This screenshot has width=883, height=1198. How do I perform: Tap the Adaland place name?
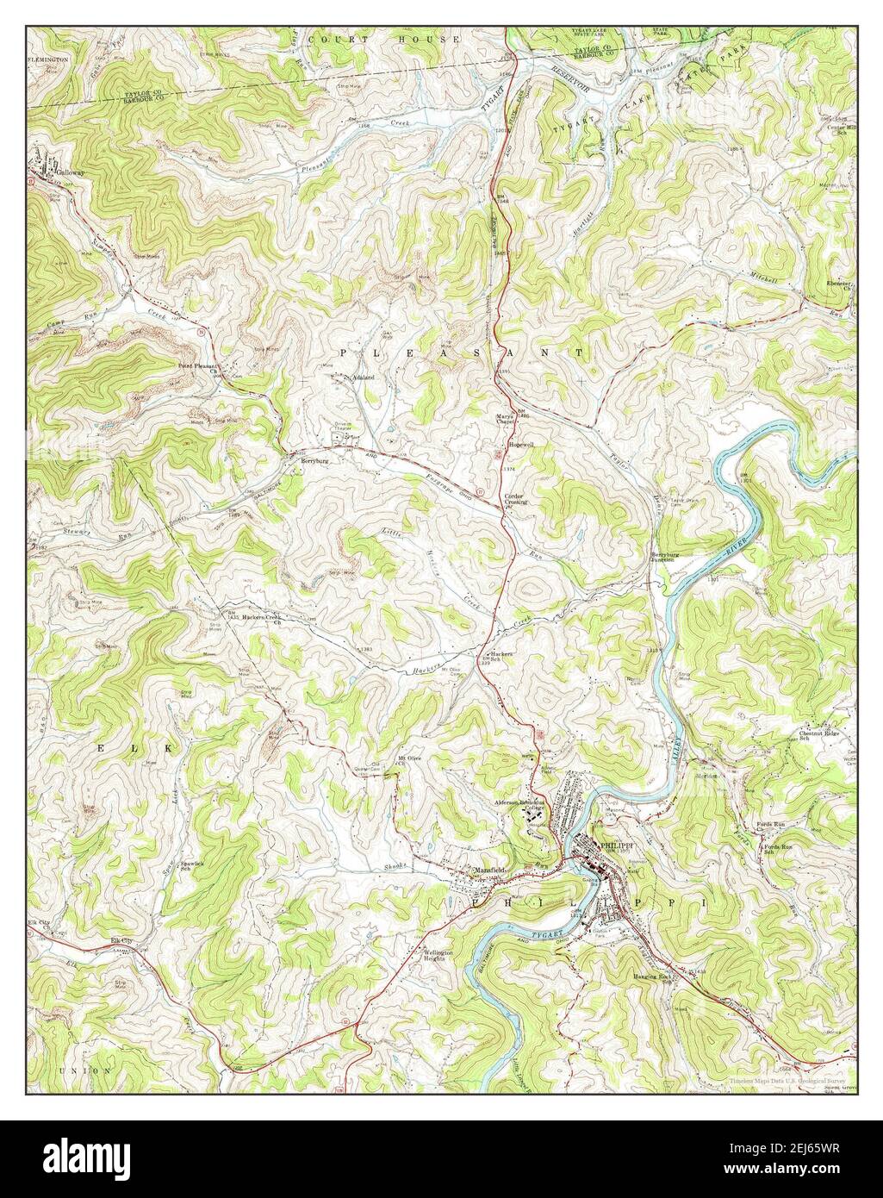(359, 377)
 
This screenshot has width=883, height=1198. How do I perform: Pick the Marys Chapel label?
(506, 420)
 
